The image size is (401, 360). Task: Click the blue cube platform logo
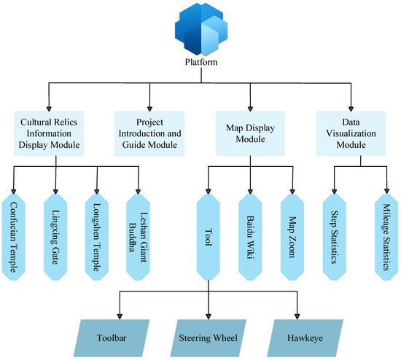point(201,29)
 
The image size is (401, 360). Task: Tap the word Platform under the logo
point(201,62)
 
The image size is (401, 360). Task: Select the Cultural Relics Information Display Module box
point(49,133)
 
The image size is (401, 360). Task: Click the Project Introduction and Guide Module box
point(149,133)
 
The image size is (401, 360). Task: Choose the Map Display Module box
point(250,133)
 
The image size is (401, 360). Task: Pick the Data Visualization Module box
point(351,133)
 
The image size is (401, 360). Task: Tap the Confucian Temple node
point(14,237)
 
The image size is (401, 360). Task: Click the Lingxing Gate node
point(55,237)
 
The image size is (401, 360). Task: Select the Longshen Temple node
point(97,237)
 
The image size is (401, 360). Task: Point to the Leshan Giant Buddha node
point(138,237)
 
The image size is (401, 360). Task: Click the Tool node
point(209,237)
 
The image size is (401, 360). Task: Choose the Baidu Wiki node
point(250,237)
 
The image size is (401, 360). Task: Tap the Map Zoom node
point(292,237)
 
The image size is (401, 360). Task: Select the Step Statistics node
point(334,237)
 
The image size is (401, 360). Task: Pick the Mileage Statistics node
point(386,237)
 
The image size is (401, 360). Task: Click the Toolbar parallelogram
point(112,338)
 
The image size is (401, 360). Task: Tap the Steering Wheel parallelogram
point(209,338)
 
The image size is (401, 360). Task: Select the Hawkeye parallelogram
point(305,338)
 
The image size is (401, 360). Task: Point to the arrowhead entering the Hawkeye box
point(297,316)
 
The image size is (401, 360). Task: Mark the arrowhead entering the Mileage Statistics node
point(386,191)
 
